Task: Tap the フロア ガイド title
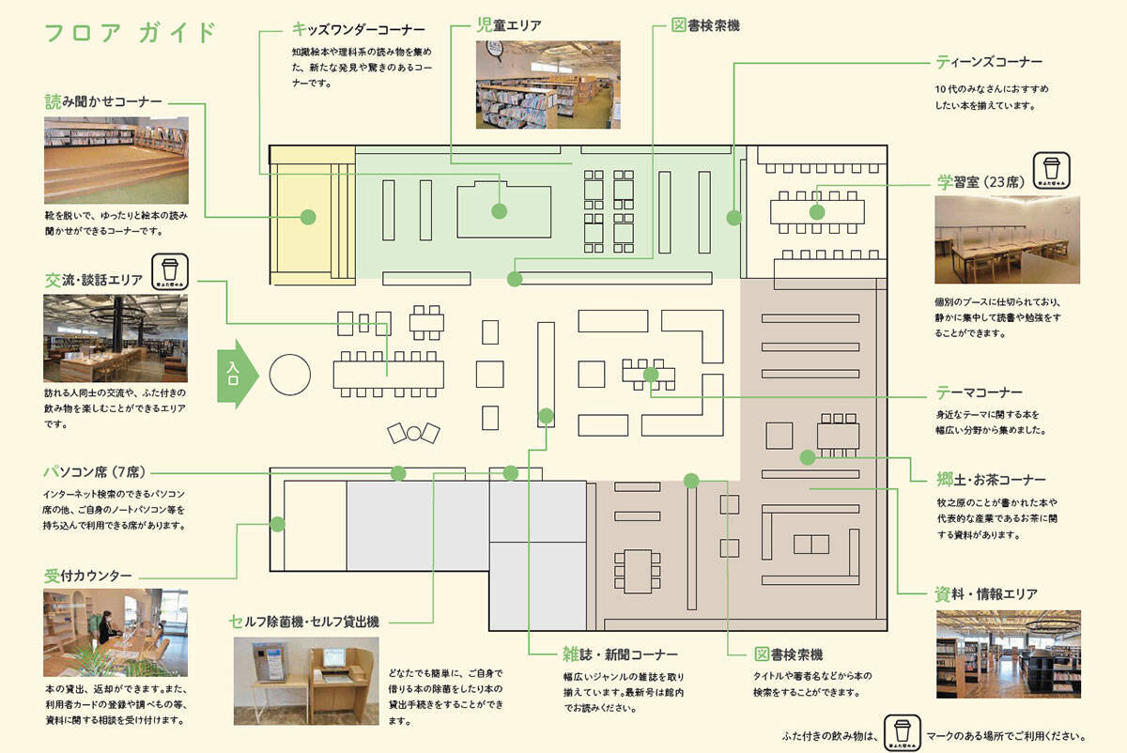tap(131, 32)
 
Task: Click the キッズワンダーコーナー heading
tap(359, 29)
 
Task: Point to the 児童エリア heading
tap(508, 25)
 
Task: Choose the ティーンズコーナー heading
tap(989, 62)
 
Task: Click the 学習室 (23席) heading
tap(979, 181)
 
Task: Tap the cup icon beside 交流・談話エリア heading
tap(170, 271)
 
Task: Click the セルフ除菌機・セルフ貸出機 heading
tap(304, 621)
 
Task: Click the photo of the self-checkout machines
tap(306, 681)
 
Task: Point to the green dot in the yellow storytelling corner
tap(307, 217)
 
